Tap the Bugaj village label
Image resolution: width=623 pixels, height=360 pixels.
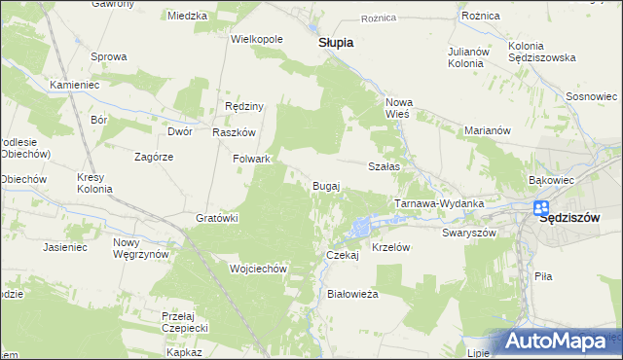[x=325, y=185]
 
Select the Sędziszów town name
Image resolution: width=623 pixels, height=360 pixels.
[x=581, y=218]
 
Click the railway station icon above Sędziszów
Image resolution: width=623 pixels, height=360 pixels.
[x=541, y=208]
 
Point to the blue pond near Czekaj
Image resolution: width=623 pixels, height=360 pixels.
[x=361, y=229]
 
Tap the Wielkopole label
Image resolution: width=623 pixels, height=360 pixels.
[x=256, y=40]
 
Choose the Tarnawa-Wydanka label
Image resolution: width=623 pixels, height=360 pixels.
[x=438, y=203]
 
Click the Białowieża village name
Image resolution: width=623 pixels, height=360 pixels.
[x=352, y=292]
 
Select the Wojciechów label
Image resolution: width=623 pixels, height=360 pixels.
[x=256, y=269]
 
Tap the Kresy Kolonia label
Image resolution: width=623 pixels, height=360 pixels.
[x=95, y=183]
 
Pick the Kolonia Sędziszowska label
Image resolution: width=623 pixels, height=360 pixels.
[x=538, y=54]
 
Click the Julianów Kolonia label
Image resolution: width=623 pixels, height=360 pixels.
[x=465, y=56]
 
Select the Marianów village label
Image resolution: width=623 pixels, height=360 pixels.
[x=488, y=130]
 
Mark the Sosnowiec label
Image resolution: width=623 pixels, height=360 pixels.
[x=592, y=97]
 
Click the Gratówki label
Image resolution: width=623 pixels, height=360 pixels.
[x=217, y=218]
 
